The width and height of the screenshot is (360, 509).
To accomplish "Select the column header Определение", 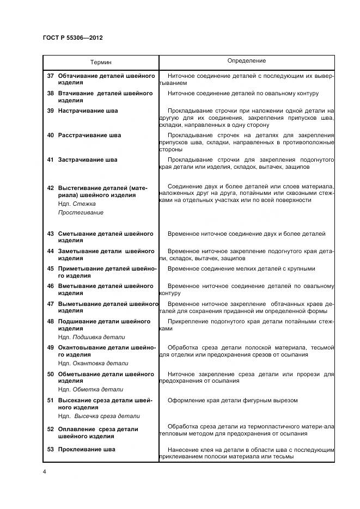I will pos(246,61).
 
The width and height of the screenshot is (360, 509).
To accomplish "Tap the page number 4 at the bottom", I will pos(44,471).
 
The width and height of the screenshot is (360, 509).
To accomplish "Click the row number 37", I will pos(50,76).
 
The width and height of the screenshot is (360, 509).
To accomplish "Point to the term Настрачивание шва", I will pos(88,111).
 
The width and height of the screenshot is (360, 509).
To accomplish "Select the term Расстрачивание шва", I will pos(89,136).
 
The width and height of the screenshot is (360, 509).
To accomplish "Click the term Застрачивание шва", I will pos(88,160).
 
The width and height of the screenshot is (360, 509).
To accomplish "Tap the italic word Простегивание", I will pos(81,212).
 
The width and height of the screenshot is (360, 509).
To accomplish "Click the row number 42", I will pos(50,188).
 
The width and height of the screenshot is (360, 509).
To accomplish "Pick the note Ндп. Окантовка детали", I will pos(93,363).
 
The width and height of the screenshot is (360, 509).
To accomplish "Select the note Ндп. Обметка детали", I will pos(90,389).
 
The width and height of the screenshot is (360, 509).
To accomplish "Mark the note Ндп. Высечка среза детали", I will pos(99,416).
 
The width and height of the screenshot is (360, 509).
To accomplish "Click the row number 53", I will pos(50,450).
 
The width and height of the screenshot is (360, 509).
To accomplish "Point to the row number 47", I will pos(50,304).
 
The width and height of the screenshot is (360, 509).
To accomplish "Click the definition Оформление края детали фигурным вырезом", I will pos(233,400).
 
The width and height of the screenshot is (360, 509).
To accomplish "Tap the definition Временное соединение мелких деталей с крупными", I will pos(241,269).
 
